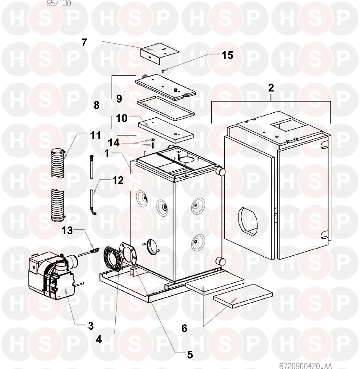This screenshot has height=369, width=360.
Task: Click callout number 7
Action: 84,42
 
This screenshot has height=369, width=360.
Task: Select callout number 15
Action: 227,55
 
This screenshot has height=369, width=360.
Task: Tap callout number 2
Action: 271,88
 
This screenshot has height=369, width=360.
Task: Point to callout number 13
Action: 67,230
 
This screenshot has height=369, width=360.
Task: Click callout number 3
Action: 91,326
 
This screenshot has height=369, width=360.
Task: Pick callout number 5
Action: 190,355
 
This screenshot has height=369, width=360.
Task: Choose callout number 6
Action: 184,328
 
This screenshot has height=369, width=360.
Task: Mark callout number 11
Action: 95,135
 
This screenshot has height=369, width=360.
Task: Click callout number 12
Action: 118,180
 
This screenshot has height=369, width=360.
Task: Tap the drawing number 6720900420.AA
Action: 306,365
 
